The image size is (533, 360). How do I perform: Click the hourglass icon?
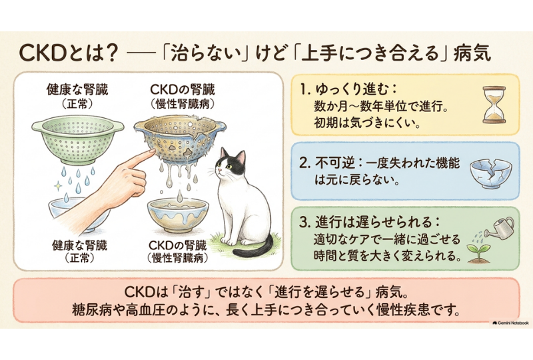[494, 105]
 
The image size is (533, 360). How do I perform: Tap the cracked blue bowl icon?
[490, 173]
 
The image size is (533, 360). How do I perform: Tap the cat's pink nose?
[219, 170]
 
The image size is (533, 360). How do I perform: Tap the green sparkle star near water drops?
[58, 186]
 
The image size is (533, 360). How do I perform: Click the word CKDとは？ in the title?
[68, 53]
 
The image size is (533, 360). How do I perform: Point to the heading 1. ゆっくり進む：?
[349, 90]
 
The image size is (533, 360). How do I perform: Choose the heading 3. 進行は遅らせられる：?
[370, 223]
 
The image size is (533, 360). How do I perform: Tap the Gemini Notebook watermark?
[510, 323]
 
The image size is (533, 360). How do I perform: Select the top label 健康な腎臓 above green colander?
[77, 90]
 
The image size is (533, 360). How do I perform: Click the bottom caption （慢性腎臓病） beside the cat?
[178, 258]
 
